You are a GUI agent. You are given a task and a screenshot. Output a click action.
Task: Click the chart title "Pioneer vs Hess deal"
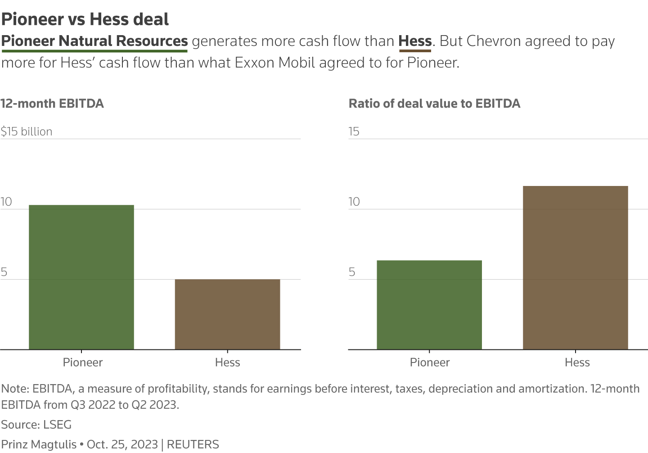[85, 19]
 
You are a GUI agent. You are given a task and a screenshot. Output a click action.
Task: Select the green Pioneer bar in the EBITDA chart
[81, 277]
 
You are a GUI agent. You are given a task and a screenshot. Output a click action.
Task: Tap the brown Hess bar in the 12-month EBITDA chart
[227, 314]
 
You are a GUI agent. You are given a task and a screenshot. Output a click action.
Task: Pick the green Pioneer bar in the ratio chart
[429, 305]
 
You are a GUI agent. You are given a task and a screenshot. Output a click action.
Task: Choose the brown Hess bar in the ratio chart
[575, 267]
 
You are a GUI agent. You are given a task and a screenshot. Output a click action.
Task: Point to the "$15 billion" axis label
[27, 131]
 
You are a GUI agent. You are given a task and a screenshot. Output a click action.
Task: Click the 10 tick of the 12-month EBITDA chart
[6, 202]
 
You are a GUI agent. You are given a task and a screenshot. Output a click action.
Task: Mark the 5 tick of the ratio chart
[352, 272]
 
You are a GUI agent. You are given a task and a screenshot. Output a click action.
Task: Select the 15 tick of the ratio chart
[354, 131]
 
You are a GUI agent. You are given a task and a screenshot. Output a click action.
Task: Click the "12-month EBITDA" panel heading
[52, 104]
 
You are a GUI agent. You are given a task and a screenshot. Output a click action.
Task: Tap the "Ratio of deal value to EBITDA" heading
[434, 104]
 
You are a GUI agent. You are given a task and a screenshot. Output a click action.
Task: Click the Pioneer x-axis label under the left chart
[83, 362]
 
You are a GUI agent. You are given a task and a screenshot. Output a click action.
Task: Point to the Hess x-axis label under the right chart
[577, 362]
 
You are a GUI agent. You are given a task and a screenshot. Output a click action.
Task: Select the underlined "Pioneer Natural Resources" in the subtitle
[94, 41]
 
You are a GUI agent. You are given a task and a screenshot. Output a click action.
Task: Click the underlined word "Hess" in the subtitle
[415, 41]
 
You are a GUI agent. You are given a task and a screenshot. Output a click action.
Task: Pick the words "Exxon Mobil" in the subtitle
[276, 62]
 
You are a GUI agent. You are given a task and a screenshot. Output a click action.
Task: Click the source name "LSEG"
[57, 425]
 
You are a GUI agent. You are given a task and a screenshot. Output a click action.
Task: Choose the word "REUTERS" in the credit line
[193, 444]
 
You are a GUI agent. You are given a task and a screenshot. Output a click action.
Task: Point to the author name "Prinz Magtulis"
[39, 444]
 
